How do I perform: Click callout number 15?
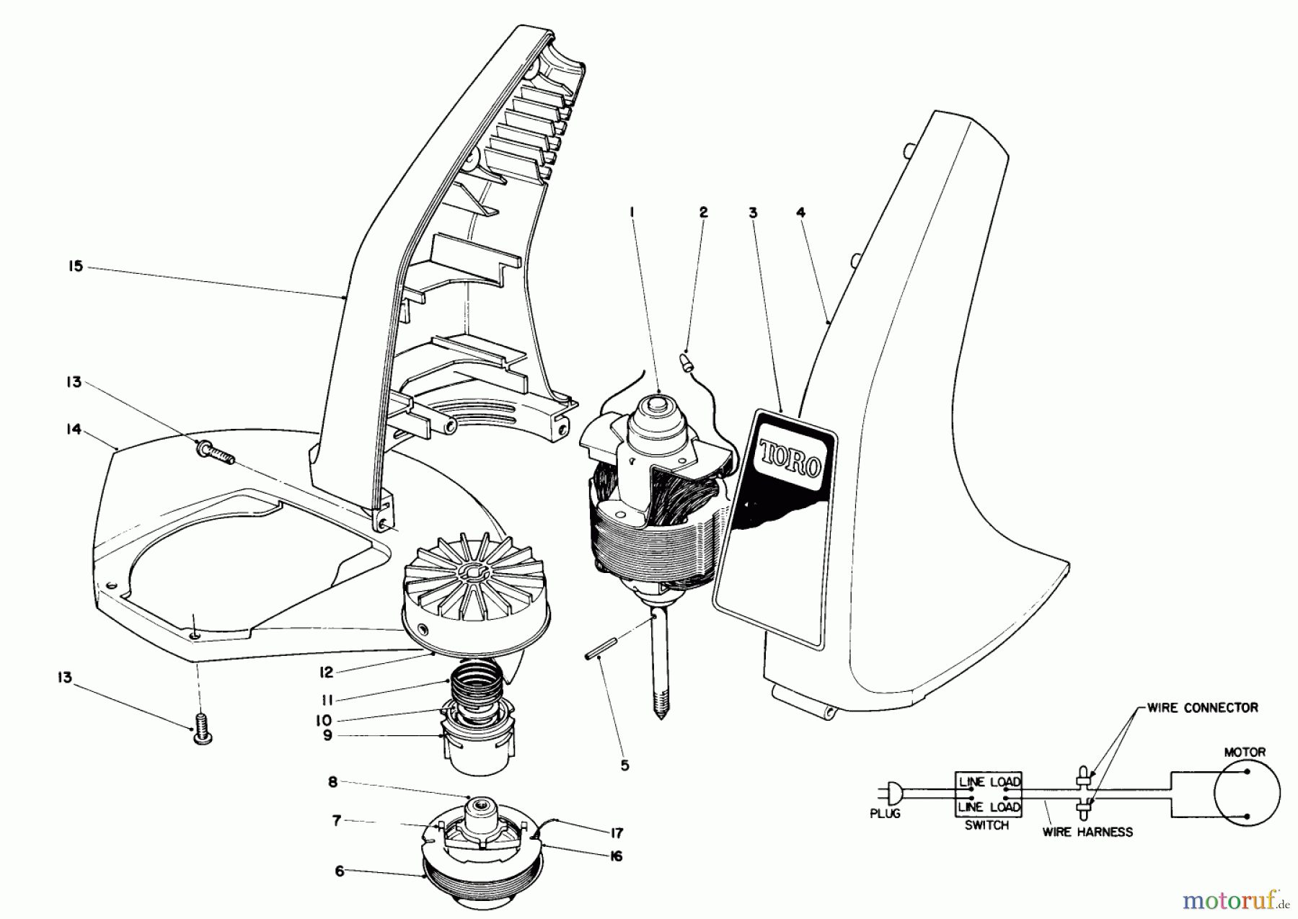(x=75, y=267)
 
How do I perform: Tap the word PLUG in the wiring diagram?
(x=885, y=814)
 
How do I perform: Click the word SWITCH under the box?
(x=986, y=825)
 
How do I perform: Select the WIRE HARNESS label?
(x=1087, y=832)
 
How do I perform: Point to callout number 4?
(x=800, y=213)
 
